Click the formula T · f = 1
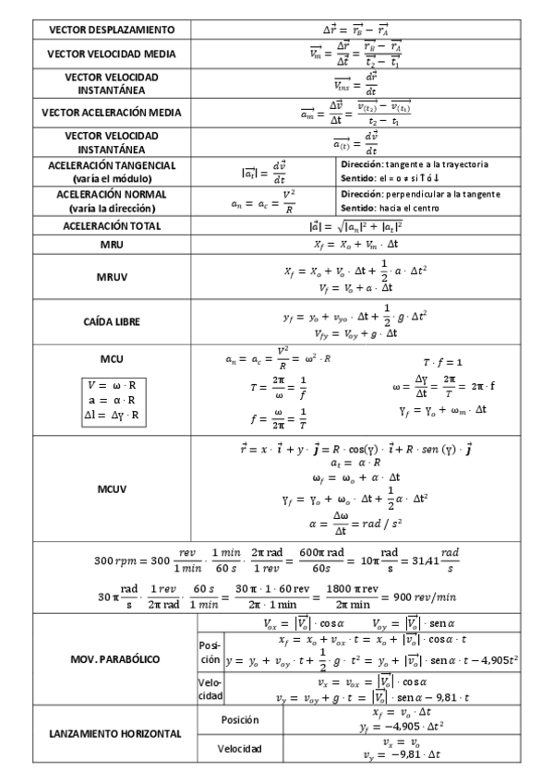pyautogui.click(x=442, y=362)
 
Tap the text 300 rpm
pyautogui.click(x=114, y=560)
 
